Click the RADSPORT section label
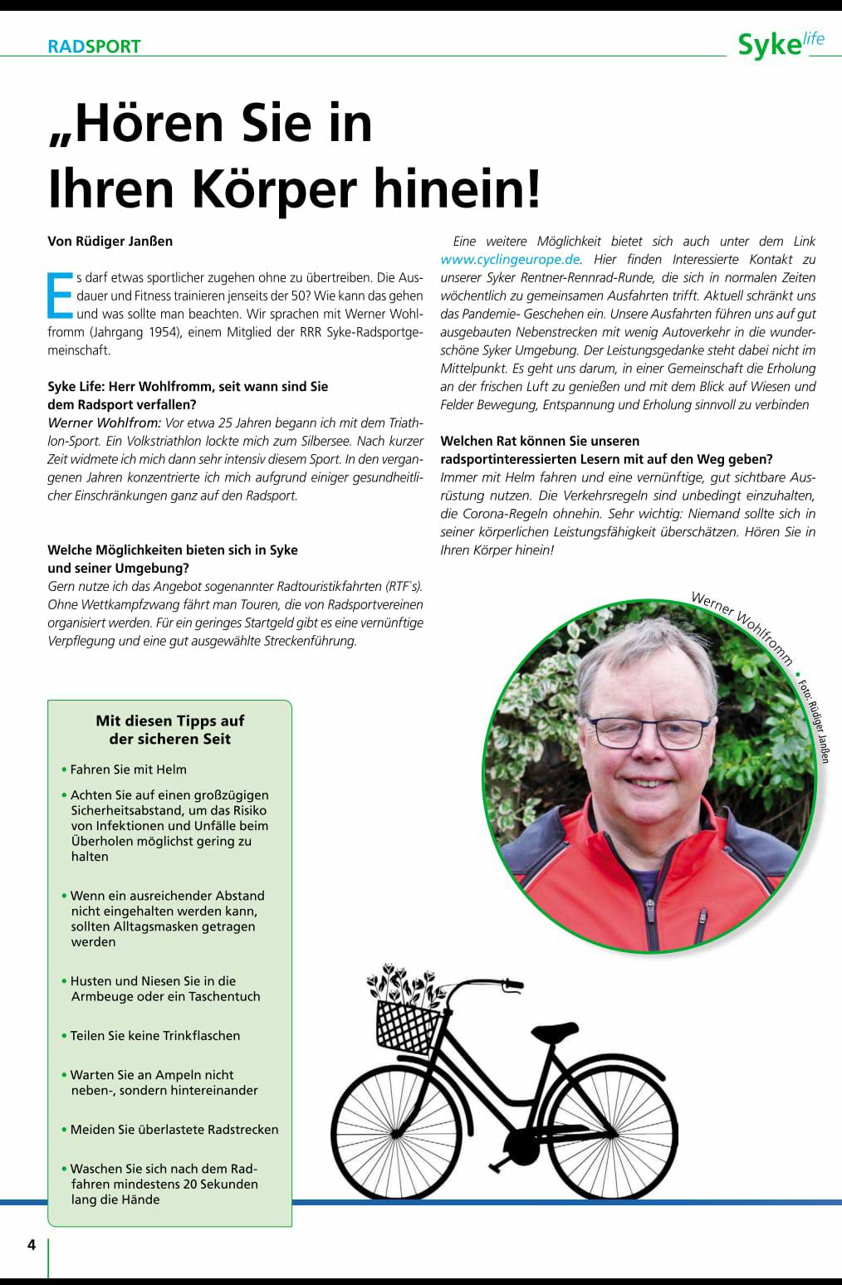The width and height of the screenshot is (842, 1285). pyautogui.click(x=94, y=46)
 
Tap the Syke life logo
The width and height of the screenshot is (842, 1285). pyautogui.click(x=780, y=43)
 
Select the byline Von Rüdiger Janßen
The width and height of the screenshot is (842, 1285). pyautogui.click(x=110, y=242)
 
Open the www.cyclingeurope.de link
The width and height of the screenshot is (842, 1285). pyautogui.click(x=510, y=259)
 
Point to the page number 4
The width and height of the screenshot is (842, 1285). pyautogui.click(x=32, y=1244)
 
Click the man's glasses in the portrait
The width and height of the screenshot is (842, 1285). pyautogui.click(x=652, y=731)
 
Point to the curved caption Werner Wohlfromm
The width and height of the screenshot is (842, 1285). pyautogui.click(x=742, y=628)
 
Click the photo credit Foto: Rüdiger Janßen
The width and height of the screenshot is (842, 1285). pyautogui.click(x=813, y=721)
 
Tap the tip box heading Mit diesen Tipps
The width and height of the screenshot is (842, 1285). pyautogui.click(x=169, y=730)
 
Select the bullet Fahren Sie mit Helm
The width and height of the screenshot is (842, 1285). pyautogui.click(x=128, y=770)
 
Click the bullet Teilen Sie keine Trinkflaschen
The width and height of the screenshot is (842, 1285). pyautogui.click(x=154, y=1036)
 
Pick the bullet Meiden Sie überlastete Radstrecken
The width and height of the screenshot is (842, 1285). pyautogui.click(x=174, y=1130)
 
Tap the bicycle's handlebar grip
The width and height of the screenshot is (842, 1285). pyautogui.click(x=513, y=985)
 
